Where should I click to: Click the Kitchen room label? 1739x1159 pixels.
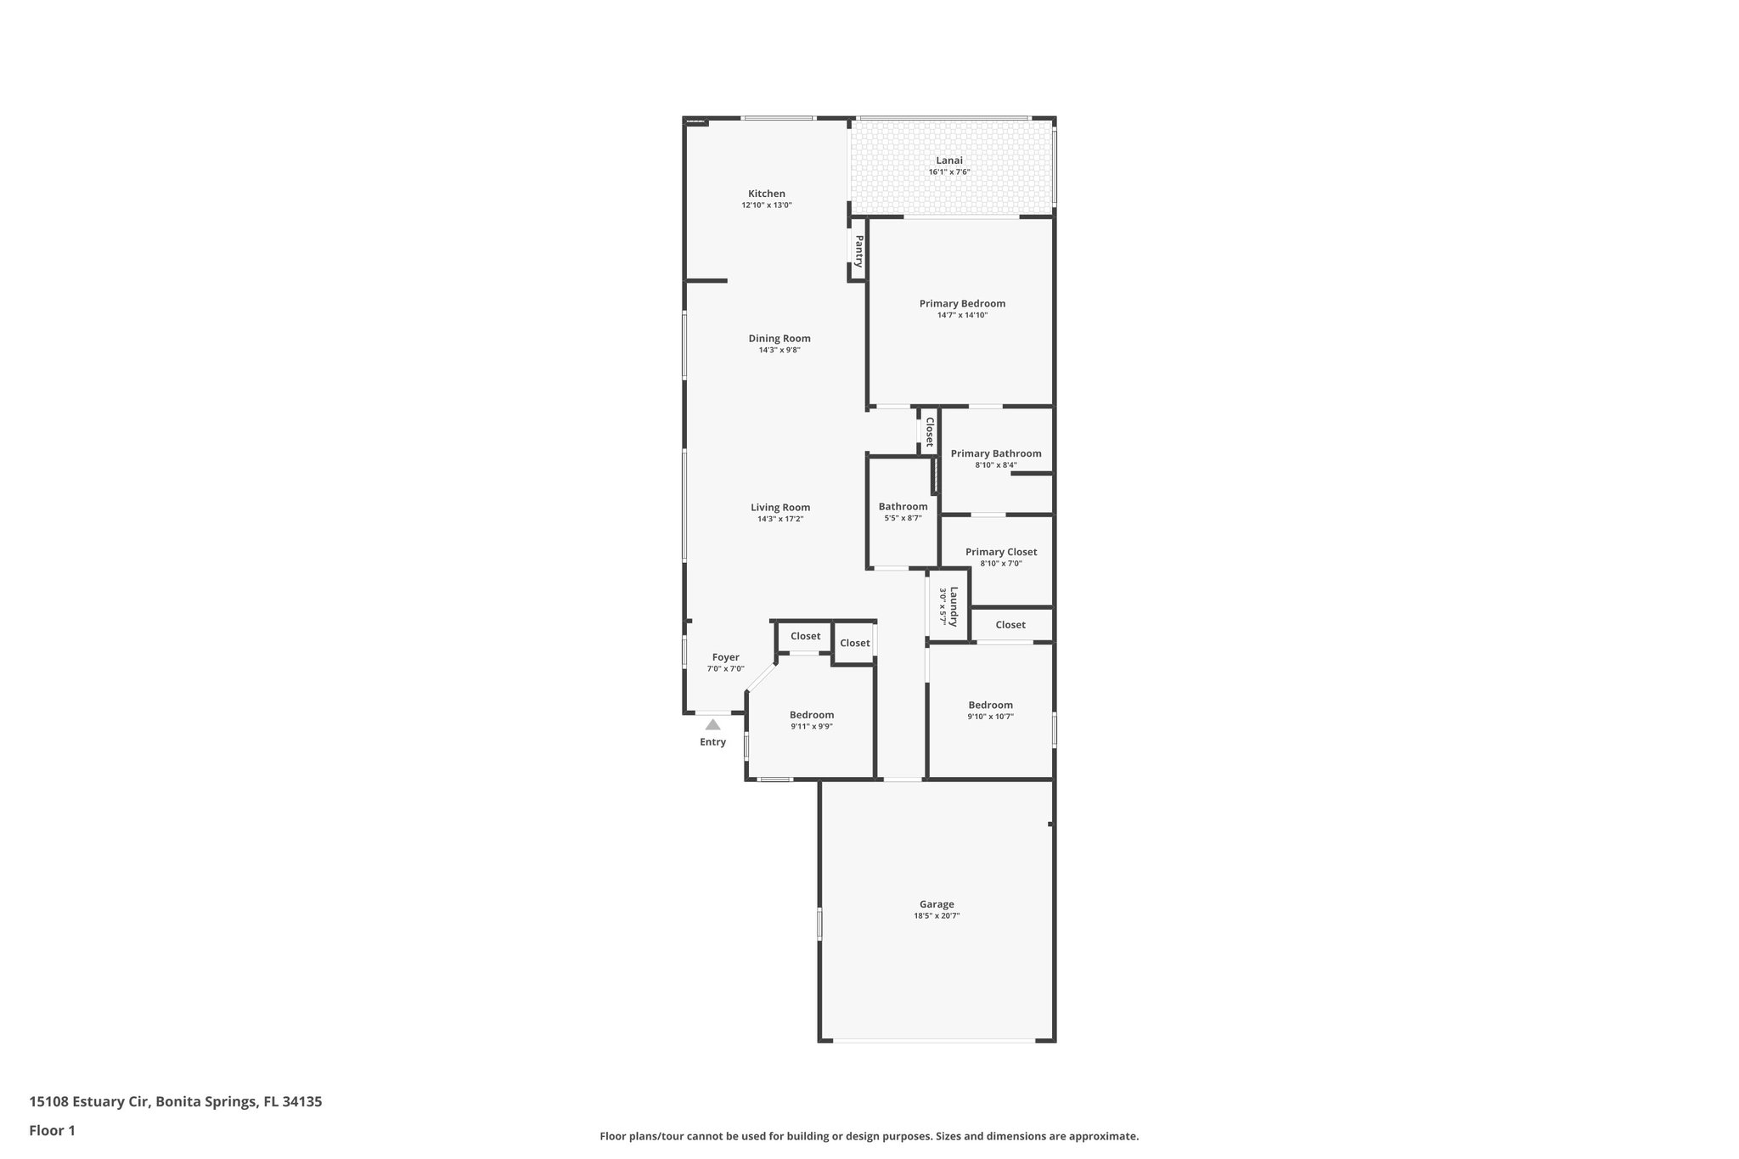tap(766, 194)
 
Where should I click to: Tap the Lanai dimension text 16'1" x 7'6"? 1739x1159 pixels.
tap(948, 172)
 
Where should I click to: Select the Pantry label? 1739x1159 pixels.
tap(858, 251)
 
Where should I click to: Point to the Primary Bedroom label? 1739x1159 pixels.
tap(962, 303)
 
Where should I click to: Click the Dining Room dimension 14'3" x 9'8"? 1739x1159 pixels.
tap(779, 350)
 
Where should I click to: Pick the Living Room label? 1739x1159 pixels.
tap(779, 508)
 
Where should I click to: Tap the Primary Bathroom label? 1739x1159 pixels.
tap(995, 453)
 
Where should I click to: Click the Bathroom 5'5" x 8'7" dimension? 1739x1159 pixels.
tap(903, 518)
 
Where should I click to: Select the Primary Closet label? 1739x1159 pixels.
tap(1000, 552)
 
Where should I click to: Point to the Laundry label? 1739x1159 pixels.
tap(954, 606)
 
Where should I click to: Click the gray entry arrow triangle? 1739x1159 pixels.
tap(712, 725)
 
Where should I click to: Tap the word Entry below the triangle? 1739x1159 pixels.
tap(712, 742)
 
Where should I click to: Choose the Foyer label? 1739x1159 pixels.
tap(725, 657)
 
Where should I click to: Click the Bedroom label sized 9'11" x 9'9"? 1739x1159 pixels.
tap(811, 715)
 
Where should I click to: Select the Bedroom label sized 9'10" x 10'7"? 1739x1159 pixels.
tap(990, 705)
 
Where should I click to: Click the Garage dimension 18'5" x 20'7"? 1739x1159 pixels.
tap(937, 916)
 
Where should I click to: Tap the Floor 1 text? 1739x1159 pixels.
tap(52, 1130)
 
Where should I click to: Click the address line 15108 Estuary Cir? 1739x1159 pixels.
tap(175, 1102)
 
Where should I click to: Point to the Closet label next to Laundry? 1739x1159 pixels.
tap(1010, 625)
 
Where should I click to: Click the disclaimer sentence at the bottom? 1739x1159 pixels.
tap(869, 1136)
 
